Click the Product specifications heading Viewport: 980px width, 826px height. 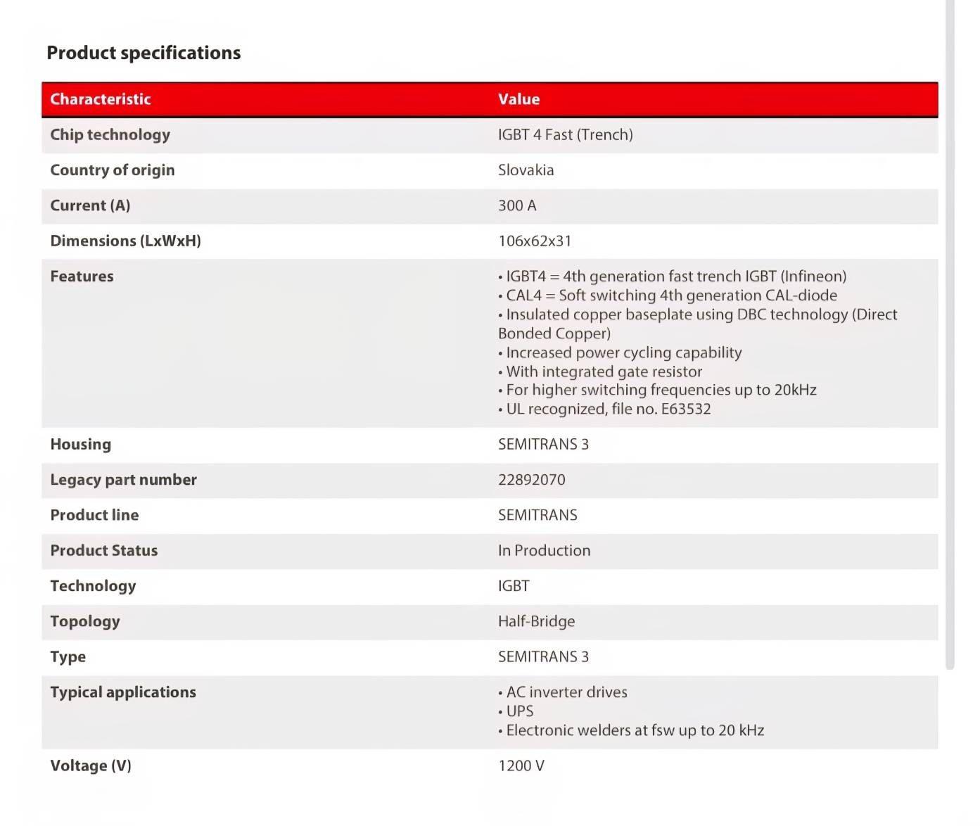144,53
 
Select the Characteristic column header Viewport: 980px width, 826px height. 101,99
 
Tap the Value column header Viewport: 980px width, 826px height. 518,99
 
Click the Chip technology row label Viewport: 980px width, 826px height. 110,134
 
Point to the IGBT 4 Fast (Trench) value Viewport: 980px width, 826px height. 565,134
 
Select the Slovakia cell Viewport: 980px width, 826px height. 526,170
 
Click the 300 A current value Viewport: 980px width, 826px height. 517,205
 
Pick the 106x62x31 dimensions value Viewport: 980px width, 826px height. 535,241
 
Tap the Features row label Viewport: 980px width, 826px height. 82,276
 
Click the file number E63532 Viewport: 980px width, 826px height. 685,409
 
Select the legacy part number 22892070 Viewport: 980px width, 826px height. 531,480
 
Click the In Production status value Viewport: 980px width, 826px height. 544,550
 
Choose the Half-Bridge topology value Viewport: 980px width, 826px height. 536,621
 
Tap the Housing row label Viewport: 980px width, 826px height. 80,444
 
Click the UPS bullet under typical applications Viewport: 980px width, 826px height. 519,711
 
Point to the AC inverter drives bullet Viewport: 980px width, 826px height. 566,692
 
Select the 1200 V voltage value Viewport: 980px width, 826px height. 521,765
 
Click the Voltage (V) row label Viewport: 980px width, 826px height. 91,765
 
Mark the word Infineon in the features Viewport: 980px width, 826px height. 813,277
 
